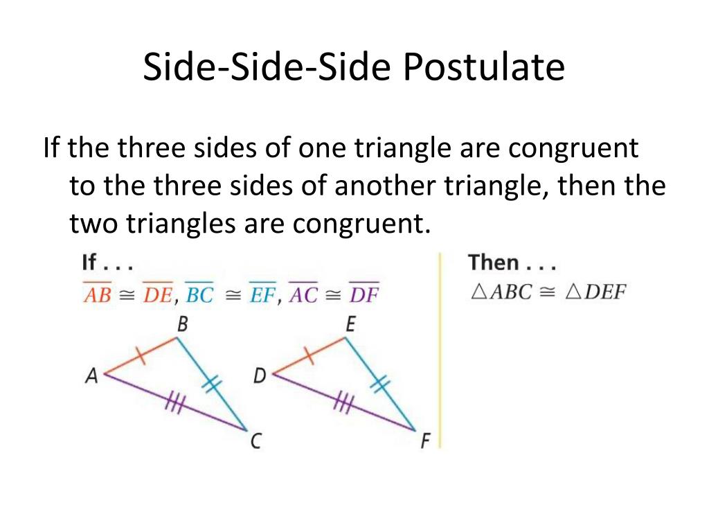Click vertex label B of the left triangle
tap(183, 323)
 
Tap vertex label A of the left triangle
tap(91, 375)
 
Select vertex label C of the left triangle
tap(255, 441)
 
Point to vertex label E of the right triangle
tap(350, 323)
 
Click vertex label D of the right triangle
tap(260, 375)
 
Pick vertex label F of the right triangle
tap(425, 441)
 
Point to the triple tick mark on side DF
tap(341, 402)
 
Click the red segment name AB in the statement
tap(97, 294)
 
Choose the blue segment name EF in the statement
tap(262, 294)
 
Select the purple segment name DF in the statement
tap(364, 294)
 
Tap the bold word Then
tap(493, 263)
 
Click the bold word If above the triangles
tap(89, 263)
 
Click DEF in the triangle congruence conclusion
tap(604, 292)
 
